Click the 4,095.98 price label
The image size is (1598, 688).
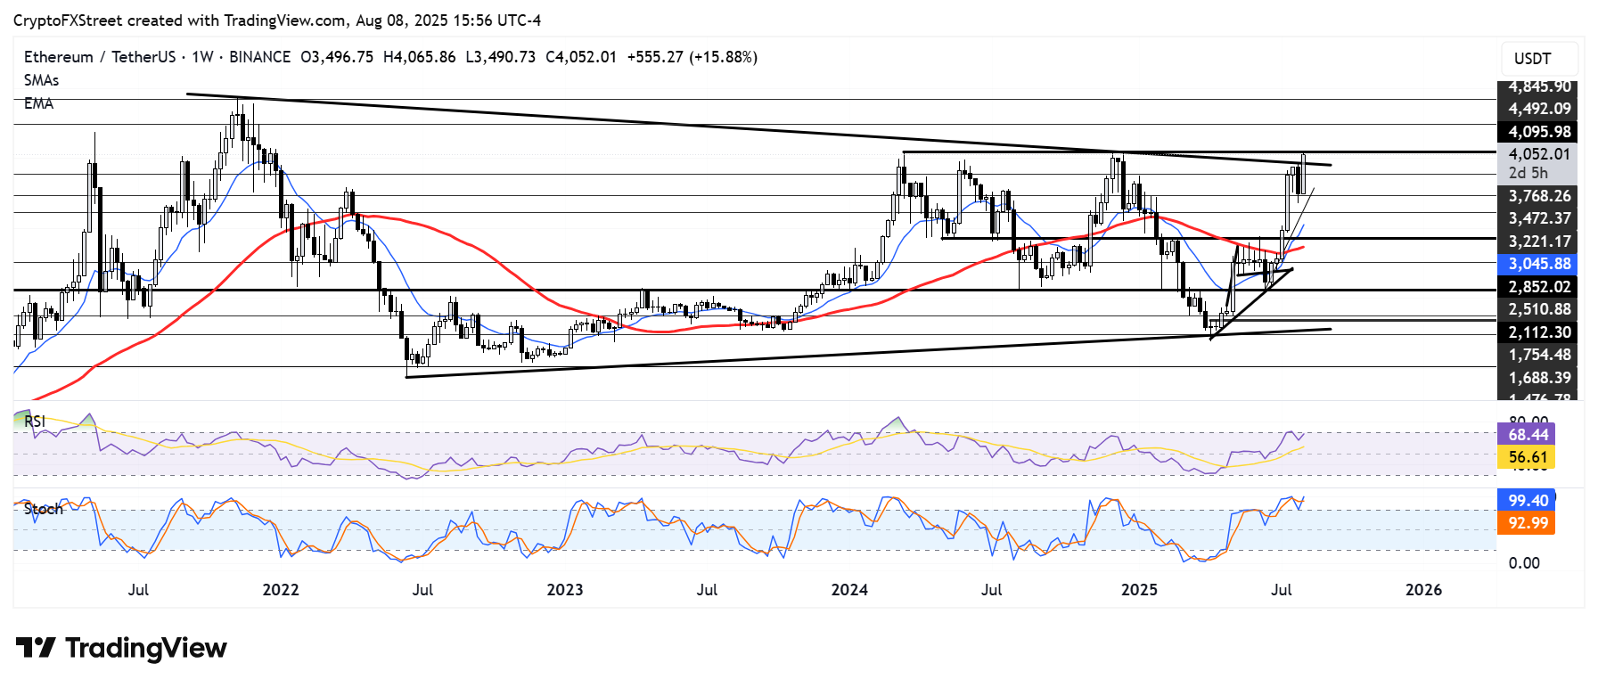pyautogui.click(x=1538, y=132)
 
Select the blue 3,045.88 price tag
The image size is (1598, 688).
pyautogui.click(x=1538, y=264)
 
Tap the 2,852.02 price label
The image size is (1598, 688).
pyautogui.click(x=1538, y=287)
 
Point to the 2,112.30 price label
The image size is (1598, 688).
pyautogui.click(x=1538, y=332)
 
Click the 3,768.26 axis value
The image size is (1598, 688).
pyautogui.click(x=1538, y=196)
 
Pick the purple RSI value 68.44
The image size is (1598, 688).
pyautogui.click(x=1528, y=435)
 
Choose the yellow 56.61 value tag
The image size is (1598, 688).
pyautogui.click(x=1528, y=457)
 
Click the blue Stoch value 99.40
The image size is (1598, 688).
pyautogui.click(x=1528, y=501)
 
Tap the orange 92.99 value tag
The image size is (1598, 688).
pyautogui.click(x=1528, y=523)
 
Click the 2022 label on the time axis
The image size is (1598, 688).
pyautogui.click(x=281, y=590)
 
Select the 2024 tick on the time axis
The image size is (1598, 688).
pyautogui.click(x=849, y=590)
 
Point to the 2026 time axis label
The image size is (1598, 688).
pyautogui.click(x=1423, y=590)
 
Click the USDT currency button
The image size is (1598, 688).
pyautogui.click(x=1532, y=59)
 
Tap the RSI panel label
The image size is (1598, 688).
pyautogui.click(x=35, y=422)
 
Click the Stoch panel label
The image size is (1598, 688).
pyautogui.click(x=43, y=509)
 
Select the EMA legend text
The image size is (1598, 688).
pyautogui.click(x=38, y=103)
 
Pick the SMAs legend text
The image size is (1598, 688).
pyautogui.click(x=41, y=80)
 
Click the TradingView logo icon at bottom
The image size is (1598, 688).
pyautogui.click(x=36, y=648)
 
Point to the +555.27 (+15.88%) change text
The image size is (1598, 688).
pyautogui.click(x=692, y=57)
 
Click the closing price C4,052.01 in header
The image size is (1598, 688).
pyautogui.click(x=580, y=57)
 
